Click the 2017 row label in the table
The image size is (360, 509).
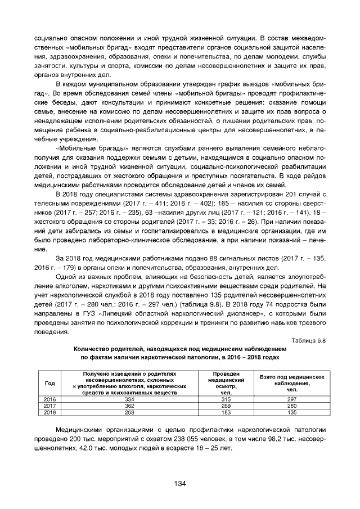(x=49, y=405)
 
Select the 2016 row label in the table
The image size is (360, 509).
(x=49, y=399)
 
